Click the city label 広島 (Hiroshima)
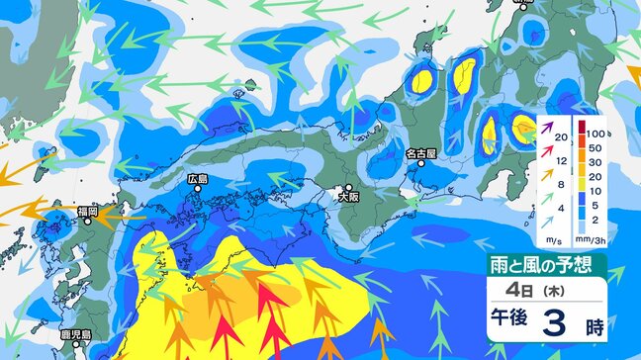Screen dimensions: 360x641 tap(197, 180)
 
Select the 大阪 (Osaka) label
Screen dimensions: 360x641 tap(348, 198)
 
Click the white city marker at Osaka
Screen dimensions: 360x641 tap(348, 186)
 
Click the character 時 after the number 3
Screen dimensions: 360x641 tap(594, 325)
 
